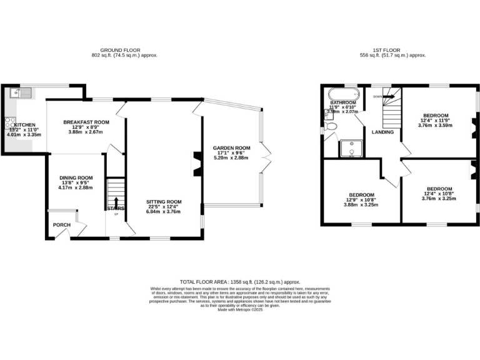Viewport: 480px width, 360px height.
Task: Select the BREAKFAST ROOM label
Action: (87, 122)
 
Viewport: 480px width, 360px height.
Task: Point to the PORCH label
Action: (62, 225)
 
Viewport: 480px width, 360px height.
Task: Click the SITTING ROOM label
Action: (164, 202)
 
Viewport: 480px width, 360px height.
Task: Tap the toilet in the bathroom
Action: (332, 127)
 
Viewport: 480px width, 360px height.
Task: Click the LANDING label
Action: (382, 132)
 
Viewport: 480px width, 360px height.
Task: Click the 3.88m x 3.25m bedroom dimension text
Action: (362, 205)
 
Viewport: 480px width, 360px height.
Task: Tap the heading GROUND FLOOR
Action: (121, 50)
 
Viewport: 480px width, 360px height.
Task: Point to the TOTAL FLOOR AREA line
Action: (240, 282)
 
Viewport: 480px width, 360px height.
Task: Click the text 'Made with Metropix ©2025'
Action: (240, 310)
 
